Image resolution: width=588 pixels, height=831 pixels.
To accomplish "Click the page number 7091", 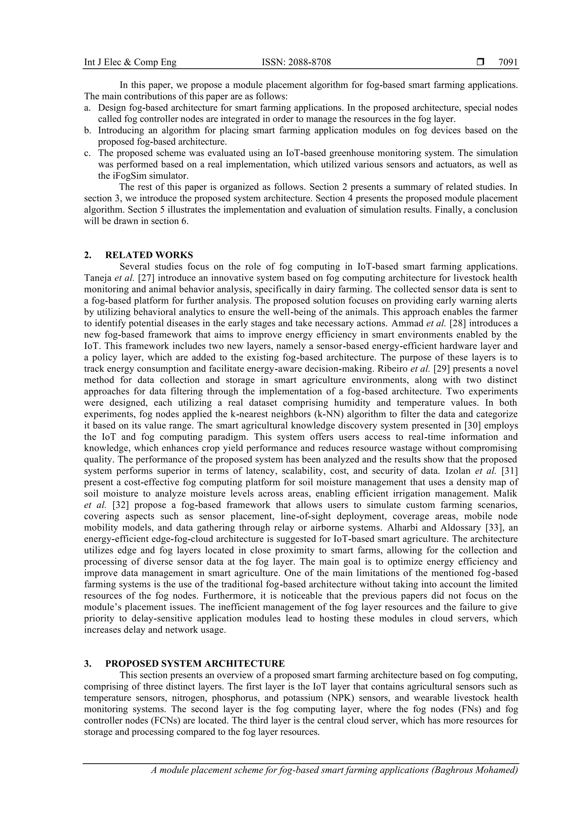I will [508, 62].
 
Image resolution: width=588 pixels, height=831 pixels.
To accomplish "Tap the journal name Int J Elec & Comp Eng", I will [130, 62].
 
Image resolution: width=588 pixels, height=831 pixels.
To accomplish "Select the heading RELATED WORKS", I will [149, 255].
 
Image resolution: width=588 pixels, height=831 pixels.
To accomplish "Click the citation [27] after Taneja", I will [146, 278].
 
